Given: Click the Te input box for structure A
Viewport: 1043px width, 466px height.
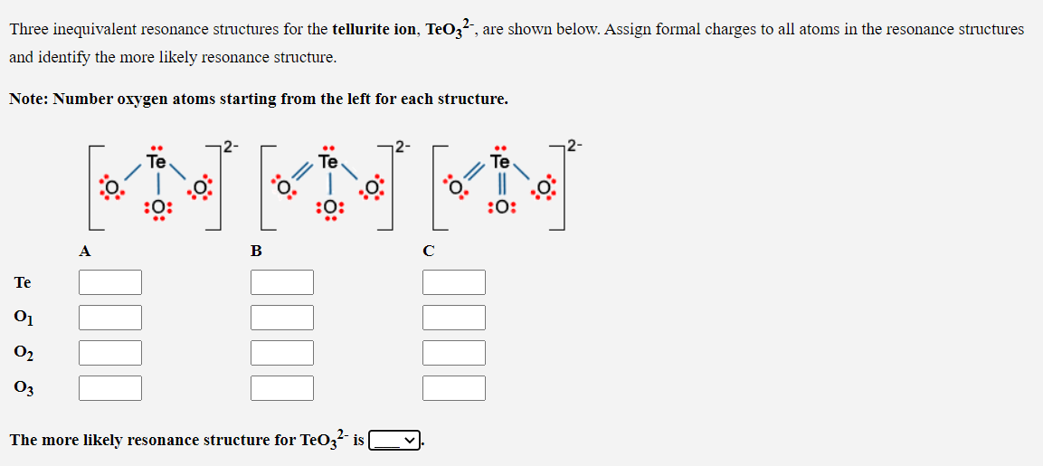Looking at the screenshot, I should click(110, 282).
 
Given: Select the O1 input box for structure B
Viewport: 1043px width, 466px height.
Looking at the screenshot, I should click(282, 318).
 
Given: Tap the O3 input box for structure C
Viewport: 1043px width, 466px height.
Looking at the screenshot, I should click(454, 388).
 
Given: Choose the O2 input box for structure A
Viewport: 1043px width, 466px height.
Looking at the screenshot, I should click(110, 353).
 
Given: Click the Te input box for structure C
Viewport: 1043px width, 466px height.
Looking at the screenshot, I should click(454, 282).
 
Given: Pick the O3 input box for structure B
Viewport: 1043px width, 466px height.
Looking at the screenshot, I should click(282, 388).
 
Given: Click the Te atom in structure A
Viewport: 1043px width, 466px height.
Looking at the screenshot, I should click(156, 163).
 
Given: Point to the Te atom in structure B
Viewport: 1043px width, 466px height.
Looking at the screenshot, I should click(328, 163).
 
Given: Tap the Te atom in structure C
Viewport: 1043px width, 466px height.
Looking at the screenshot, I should click(500, 163).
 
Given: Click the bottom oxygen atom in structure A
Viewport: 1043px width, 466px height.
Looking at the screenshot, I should click(157, 207).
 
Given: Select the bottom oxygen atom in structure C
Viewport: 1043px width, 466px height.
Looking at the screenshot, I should click(501, 207).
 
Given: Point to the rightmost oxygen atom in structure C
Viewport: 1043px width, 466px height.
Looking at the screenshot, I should click(544, 188).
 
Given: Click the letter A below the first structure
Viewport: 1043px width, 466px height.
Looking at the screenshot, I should click(84, 252).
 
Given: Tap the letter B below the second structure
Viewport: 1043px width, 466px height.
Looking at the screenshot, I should click(256, 252).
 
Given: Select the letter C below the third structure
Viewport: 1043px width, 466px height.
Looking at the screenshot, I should click(428, 252).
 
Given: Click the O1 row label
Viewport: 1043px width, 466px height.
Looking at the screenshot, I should click(23, 318).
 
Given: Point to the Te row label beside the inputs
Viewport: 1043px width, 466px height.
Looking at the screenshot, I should click(23, 282).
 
